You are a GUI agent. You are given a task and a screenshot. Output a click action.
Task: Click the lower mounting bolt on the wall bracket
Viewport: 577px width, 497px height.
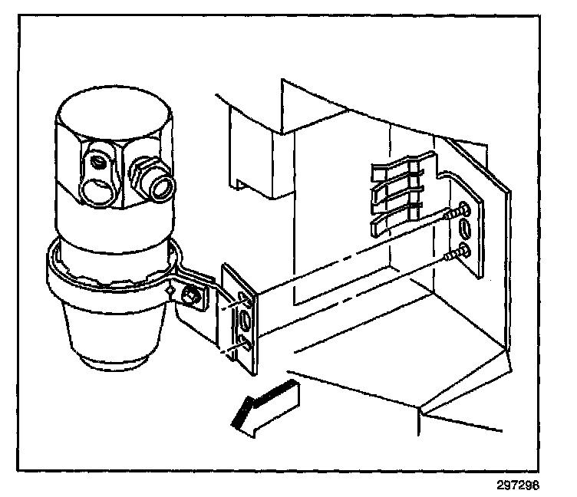458,250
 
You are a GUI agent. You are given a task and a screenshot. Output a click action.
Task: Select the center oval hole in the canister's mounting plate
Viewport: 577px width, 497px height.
244,318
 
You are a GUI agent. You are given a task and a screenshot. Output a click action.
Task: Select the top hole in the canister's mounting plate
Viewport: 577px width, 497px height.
244,295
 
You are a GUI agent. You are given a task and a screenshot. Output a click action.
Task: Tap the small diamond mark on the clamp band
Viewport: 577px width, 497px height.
166,289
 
